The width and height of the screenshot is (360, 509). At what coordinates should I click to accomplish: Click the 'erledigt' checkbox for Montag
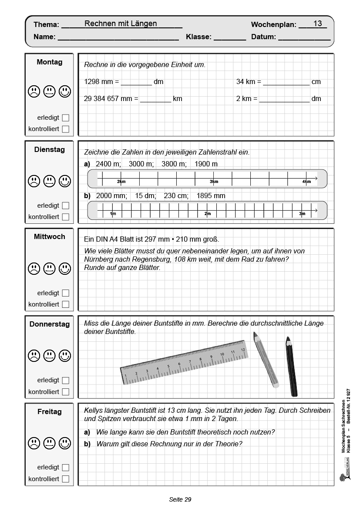[66, 118]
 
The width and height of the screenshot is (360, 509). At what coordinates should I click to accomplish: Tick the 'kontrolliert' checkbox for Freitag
[66, 479]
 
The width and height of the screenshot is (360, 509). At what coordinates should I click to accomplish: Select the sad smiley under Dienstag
[34, 181]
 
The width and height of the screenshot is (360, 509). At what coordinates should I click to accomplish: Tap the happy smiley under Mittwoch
[65, 268]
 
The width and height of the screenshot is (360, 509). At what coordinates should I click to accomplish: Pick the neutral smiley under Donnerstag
[50, 356]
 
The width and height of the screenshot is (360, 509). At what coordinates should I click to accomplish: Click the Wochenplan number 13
[317, 24]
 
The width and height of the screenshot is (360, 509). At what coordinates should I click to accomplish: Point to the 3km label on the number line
[214, 182]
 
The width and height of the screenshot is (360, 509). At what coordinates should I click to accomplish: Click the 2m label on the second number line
[208, 214]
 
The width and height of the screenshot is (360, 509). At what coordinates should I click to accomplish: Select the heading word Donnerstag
[50, 324]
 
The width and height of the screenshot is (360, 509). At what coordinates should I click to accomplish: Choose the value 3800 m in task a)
[173, 164]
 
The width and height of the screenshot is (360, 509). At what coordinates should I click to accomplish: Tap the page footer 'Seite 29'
[180, 499]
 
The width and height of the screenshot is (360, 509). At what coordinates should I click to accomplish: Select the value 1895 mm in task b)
[211, 196]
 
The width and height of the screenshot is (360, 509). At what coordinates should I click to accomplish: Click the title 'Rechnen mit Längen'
[121, 24]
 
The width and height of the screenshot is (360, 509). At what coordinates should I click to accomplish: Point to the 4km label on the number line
[307, 182]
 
